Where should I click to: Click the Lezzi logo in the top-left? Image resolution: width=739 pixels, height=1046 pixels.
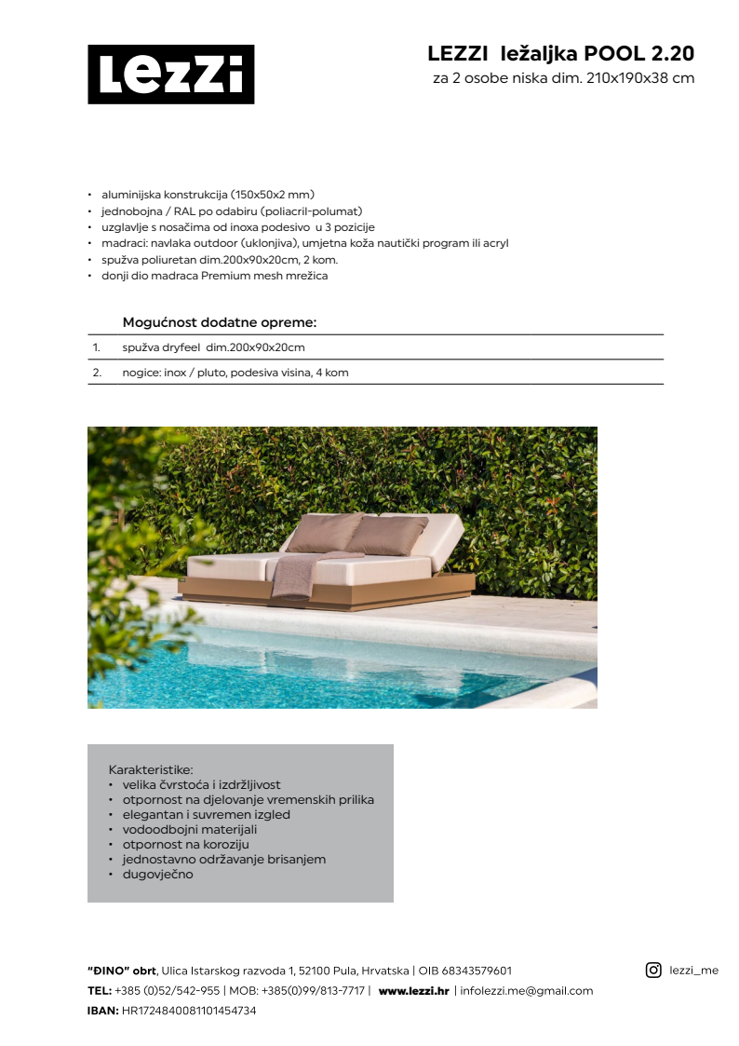(x=170, y=75)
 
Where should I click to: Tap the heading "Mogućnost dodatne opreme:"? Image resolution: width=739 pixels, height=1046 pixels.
(x=220, y=323)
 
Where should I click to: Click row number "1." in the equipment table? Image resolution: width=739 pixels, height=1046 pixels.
(x=96, y=347)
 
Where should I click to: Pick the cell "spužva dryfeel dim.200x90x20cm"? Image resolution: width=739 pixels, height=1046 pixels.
(x=213, y=347)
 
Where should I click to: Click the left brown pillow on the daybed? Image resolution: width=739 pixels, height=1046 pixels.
(x=325, y=532)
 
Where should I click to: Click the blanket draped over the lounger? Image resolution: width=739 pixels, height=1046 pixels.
(x=297, y=575)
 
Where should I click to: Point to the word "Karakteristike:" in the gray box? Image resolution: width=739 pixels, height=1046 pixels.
(x=151, y=770)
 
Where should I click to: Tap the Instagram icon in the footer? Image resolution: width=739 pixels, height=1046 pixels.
(x=653, y=970)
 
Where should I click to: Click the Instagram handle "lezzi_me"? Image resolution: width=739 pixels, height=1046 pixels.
(x=694, y=971)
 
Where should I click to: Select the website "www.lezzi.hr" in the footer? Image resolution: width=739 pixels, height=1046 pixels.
(x=413, y=991)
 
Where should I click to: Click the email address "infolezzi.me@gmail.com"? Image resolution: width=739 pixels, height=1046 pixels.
(x=526, y=991)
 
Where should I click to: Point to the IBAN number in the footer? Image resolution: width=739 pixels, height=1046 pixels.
(x=189, y=1011)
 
